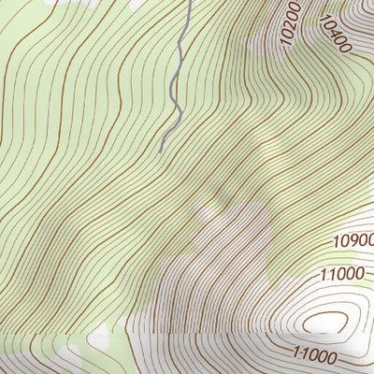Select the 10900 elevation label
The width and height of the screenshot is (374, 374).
point(353,241)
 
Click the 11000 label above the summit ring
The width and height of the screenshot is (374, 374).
point(339,274)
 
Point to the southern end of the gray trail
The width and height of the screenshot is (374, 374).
point(160,151)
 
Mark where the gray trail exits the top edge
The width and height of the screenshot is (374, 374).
point(186,1)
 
